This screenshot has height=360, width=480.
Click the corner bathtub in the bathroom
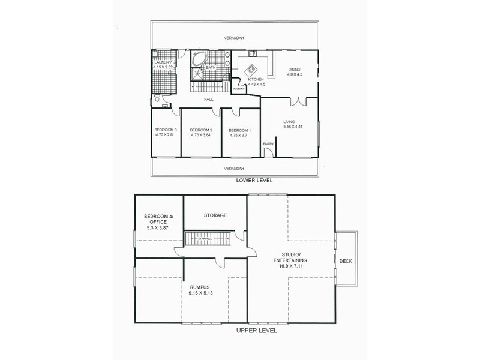pos(199,59)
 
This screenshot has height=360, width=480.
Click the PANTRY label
pos(238,89)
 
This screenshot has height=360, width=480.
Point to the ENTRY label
pos(268,143)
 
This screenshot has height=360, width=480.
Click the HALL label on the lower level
pos(208,100)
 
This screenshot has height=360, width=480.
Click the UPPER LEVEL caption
pos(256,330)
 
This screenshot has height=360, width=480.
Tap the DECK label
pos(345,261)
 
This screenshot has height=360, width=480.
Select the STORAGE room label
pos(214,215)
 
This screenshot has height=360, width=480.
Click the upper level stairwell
pos(207,239)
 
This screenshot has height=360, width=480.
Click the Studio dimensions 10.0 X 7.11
pos(291,267)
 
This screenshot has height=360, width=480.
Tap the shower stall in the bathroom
pos(198,74)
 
